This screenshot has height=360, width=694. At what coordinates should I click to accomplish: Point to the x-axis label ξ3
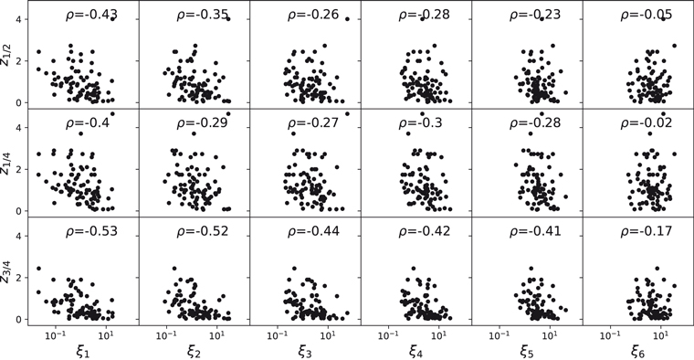coord(304,349)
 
